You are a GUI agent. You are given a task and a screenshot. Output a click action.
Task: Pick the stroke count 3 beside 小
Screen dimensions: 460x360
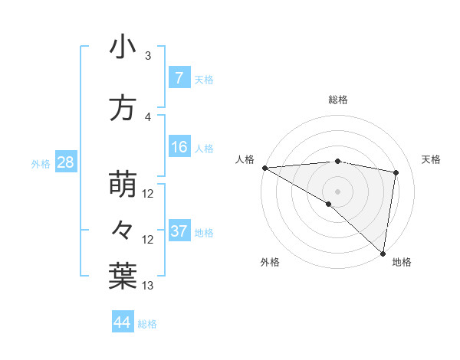pos(148,56)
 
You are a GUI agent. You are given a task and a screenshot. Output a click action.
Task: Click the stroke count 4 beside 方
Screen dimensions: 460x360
pos(148,116)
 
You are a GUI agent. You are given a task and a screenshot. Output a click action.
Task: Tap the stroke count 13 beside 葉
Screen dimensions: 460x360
pos(149,286)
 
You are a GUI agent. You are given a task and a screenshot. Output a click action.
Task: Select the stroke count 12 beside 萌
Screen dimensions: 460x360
pos(149,194)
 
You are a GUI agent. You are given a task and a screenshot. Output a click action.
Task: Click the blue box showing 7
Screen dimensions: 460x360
pos(179,78)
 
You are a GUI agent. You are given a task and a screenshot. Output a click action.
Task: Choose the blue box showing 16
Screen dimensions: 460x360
pos(179,148)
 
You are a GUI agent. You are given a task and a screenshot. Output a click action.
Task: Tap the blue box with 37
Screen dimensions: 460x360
pos(179,231)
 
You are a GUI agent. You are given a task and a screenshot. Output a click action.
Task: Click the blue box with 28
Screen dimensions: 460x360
pos(65,162)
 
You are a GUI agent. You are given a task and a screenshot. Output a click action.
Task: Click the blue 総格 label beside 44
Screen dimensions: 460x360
pos(147,324)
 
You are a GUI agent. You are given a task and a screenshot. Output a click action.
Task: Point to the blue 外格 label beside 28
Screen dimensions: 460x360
pos(41,163)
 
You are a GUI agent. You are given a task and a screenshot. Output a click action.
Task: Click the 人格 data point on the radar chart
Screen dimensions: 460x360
pos(264,168)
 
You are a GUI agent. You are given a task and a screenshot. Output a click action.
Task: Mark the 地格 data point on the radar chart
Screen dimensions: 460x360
pos(383,253)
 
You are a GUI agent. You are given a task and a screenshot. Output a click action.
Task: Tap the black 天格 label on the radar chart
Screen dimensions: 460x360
pos(431,159)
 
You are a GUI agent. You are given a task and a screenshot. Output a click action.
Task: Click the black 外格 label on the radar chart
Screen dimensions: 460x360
pos(270,263)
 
